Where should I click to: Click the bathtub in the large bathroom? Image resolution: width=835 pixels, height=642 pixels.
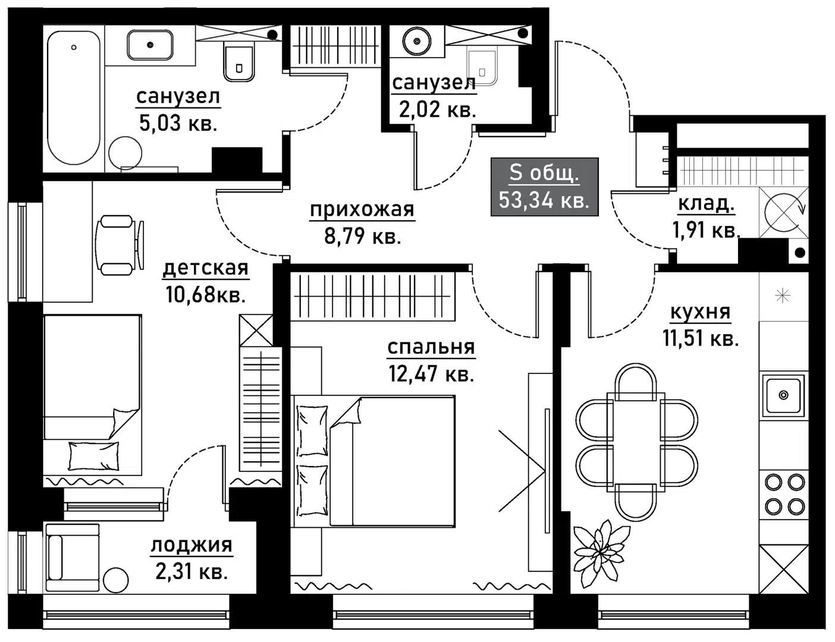[x=74, y=98]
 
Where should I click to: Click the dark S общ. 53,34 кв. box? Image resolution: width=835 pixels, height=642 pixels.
[x=544, y=187]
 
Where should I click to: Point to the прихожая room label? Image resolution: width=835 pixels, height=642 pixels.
[x=362, y=210]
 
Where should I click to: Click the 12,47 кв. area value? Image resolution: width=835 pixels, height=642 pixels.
[x=431, y=374]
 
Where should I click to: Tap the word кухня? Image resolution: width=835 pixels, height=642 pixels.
[x=700, y=311]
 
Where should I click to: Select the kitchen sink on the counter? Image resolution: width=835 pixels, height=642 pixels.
[x=783, y=394]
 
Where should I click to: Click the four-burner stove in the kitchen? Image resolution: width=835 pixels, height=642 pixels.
[x=784, y=494]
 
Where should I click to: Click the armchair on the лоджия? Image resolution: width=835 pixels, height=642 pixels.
[x=71, y=557]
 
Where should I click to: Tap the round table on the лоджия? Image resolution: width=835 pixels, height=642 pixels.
[x=115, y=580]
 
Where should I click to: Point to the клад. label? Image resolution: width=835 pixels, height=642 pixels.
[x=706, y=204]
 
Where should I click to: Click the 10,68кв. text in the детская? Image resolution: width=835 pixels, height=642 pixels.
[x=206, y=294]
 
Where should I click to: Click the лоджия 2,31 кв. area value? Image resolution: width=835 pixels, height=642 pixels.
[x=192, y=572]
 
